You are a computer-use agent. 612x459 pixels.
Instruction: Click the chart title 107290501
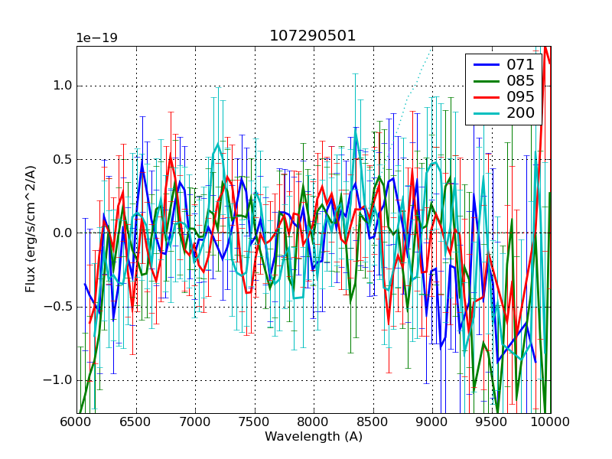click(x=312, y=36)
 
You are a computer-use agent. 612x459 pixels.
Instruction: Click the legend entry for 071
click(x=520, y=64)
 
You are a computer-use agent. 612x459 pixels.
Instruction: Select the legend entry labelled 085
click(x=520, y=80)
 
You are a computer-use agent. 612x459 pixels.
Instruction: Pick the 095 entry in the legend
click(x=520, y=97)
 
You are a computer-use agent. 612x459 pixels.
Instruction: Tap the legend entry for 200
click(x=520, y=113)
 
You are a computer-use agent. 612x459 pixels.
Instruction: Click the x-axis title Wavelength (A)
click(x=314, y=437)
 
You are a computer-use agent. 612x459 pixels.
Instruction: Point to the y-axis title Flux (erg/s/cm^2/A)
click(x=31, y=230)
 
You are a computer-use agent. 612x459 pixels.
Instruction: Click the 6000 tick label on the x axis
click(x=76, y=422)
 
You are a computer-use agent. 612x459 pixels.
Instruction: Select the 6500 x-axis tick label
click(x=136, y=422)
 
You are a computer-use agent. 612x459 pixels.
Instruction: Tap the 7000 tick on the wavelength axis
click(x=195, y=422)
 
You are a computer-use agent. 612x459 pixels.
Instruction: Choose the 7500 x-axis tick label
click(x=255, y=422)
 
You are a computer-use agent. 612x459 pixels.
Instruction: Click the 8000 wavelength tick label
click(x=314, y=422)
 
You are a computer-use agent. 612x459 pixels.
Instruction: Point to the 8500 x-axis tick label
click(x=373, y=422)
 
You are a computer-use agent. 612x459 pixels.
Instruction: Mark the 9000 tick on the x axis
click(x=432, y=422)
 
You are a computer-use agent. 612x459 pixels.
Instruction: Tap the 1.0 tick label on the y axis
click(x=61, y=86)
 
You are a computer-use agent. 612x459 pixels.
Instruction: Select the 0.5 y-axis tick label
click(x=61, y=159)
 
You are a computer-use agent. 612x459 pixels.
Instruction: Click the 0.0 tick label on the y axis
click(x=61, y=233)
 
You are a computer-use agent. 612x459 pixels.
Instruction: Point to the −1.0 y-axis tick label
click(x=58, y=380)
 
